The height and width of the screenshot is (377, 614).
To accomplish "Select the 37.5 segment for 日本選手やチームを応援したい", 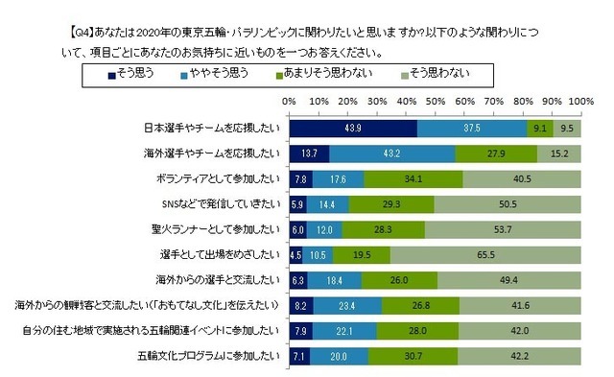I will [472, 126].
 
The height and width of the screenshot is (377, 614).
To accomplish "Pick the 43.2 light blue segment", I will [392, 152].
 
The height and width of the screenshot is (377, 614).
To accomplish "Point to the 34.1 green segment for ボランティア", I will [413, 177].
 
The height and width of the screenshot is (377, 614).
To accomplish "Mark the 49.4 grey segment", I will [509, 280].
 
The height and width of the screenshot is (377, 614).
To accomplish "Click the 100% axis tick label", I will [581, 99].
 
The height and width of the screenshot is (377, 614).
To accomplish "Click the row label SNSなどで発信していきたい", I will [219, 203].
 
